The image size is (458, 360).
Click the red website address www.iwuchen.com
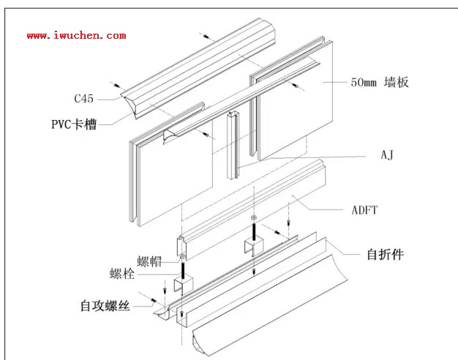[x=77, y=35]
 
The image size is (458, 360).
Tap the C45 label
[x=84, y=97]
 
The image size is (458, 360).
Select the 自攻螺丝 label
[x=106, y=306]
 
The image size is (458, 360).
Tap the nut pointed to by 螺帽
[x=181, y=258]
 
